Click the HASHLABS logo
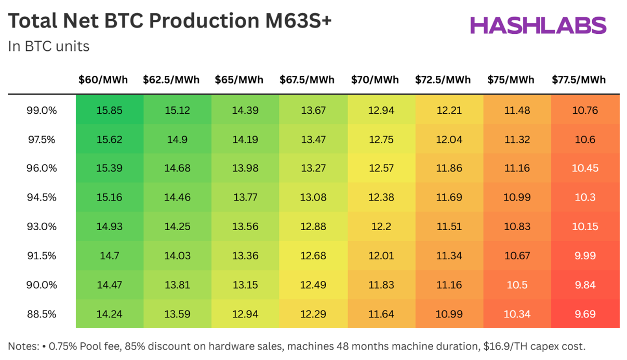click(x=538, y=25)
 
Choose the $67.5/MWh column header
click(x=307, y=80)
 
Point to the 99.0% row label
click(x=42, y=111)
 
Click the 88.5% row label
click(x=42, y=314)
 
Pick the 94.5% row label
click(x=42, y=198)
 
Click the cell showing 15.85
click(x=110, y=111)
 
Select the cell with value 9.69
click(x=585, y=314)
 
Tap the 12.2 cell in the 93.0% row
click(x=381, y=227)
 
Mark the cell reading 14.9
click(x=177, y=140)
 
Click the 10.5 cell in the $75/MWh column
click(x=517, y=285)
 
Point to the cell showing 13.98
click(x=245, y=169)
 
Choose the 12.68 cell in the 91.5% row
click(x=313, y=256)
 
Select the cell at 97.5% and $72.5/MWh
click(x=449, y=140)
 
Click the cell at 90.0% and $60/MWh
click(x=110, y=285)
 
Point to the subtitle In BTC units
click(x=49, y=47)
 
